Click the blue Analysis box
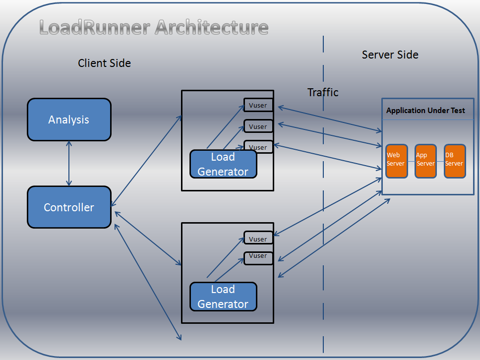(x=69, y=120)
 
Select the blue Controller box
(x=69, y=207)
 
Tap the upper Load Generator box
(x=223, y=164)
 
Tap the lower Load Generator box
(x=223, y=297)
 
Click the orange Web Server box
(x=396, y=161)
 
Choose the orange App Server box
(x=425, y=161)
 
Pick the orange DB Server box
(x=455, y=161)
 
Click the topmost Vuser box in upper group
(x=258, y=105)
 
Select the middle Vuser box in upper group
(x=258, y=126)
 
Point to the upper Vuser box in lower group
(x=258, y=239)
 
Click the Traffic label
(x=323, y=92)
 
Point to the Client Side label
(x=104, y=63)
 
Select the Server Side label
(x=390, y=55)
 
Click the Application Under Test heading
(x=425, y=111)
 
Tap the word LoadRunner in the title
(x=95, y=27)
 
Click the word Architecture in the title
(x=212, y=27)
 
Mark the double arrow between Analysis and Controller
(x=69, y=163)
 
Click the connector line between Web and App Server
(x=411, y=162)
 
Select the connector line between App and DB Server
(x=440, y=162)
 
